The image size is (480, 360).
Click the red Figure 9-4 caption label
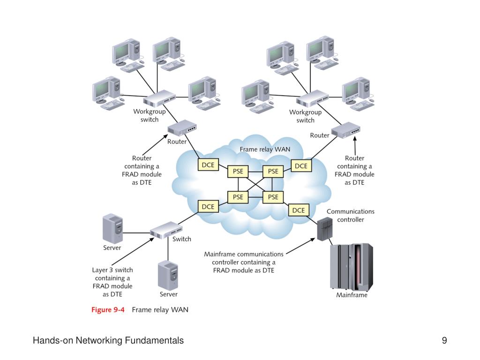coord(108,309)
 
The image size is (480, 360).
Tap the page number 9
coord(444,340)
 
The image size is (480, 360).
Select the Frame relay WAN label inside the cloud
coord(265,149)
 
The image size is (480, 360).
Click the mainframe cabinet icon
coord(352,267)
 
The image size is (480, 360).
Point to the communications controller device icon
coord(325,229)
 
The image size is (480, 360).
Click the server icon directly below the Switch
coord(168,275)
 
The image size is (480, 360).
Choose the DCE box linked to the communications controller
coord(299,210)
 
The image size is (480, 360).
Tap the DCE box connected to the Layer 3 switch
coord(208,207)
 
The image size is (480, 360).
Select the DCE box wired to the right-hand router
coord(301,166)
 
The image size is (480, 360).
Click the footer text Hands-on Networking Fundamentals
coord(108,340)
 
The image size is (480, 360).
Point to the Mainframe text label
coord(352,295)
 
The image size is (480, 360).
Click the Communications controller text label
coord(351,216)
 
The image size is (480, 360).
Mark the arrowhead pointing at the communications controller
coord(313,240)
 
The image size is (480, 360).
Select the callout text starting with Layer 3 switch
coord(112,282)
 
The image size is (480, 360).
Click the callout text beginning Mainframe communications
coord(244,262)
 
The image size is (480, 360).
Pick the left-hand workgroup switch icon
coord(159,98)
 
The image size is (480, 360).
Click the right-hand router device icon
coord(345,130)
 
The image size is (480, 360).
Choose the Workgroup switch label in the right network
coord(305,116)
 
